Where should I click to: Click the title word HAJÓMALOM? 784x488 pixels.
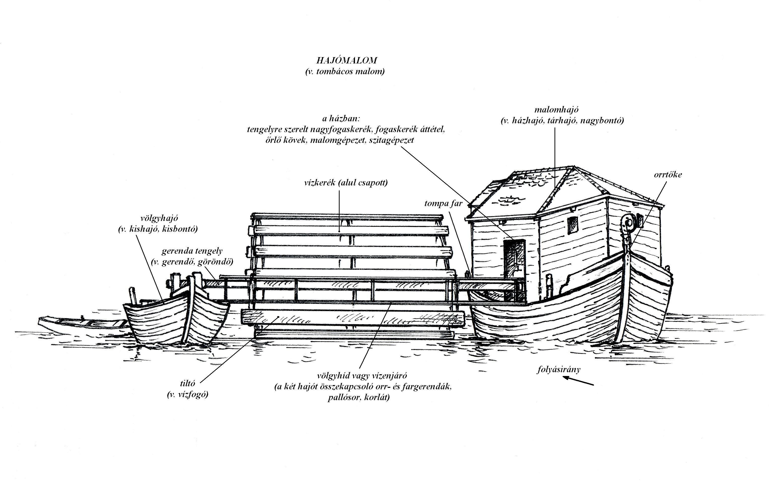347,60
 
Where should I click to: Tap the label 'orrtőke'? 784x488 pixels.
668,175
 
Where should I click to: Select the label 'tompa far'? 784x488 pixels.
443,203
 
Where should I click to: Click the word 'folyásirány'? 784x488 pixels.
559,369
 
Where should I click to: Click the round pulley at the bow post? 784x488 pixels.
629,223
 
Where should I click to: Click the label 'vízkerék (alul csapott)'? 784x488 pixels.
346,183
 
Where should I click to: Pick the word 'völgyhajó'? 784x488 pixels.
159,218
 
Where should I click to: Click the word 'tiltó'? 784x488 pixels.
187,384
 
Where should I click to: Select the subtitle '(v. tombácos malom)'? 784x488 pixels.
345,71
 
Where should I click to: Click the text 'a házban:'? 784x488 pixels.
341,119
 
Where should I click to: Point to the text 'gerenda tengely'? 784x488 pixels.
192,251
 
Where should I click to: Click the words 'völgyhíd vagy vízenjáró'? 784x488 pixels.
362,376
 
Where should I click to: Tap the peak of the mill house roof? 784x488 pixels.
573,167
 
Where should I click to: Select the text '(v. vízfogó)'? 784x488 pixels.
188,394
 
